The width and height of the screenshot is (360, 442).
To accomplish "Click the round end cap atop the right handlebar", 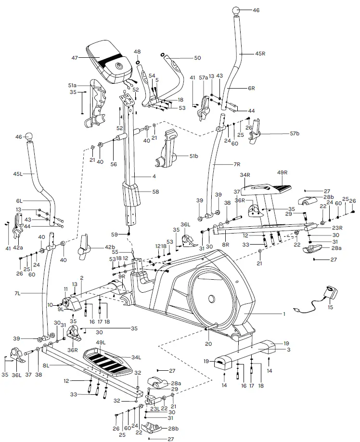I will click(x=237, y=10).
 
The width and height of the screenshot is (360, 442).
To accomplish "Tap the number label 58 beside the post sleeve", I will click(x=154, y=191).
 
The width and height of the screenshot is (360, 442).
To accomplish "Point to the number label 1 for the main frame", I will click(x=284, y=314).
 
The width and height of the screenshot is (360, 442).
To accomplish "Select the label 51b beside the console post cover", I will click(x=193, y=156).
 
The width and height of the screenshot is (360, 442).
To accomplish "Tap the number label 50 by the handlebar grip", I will click(x=197, y=58).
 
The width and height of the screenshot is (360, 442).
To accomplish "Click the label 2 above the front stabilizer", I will click(x=82, y=278).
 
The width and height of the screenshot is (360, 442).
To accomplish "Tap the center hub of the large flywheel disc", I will click(x=210, y=300).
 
